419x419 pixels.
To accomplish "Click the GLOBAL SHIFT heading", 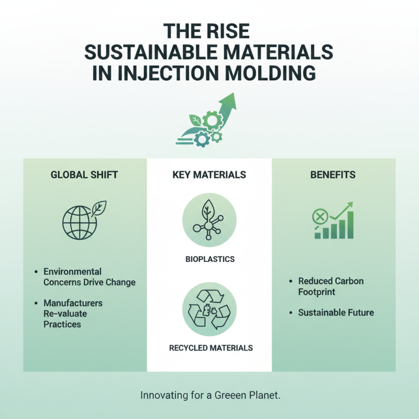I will tap(84, 175).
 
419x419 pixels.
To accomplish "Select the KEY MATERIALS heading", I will tap(209, 175).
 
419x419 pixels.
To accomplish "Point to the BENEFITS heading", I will tap(334, 175).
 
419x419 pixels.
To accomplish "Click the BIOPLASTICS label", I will tap(209, 259).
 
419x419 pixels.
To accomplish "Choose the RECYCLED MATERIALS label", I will tap(209, 347).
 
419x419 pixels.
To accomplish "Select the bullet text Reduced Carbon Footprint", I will tap(330, 286).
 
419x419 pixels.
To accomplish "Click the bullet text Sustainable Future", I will tap(336, 313).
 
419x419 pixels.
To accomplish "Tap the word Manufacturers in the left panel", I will tap(73, 303).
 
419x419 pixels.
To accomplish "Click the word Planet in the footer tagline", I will tap(263, 395).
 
